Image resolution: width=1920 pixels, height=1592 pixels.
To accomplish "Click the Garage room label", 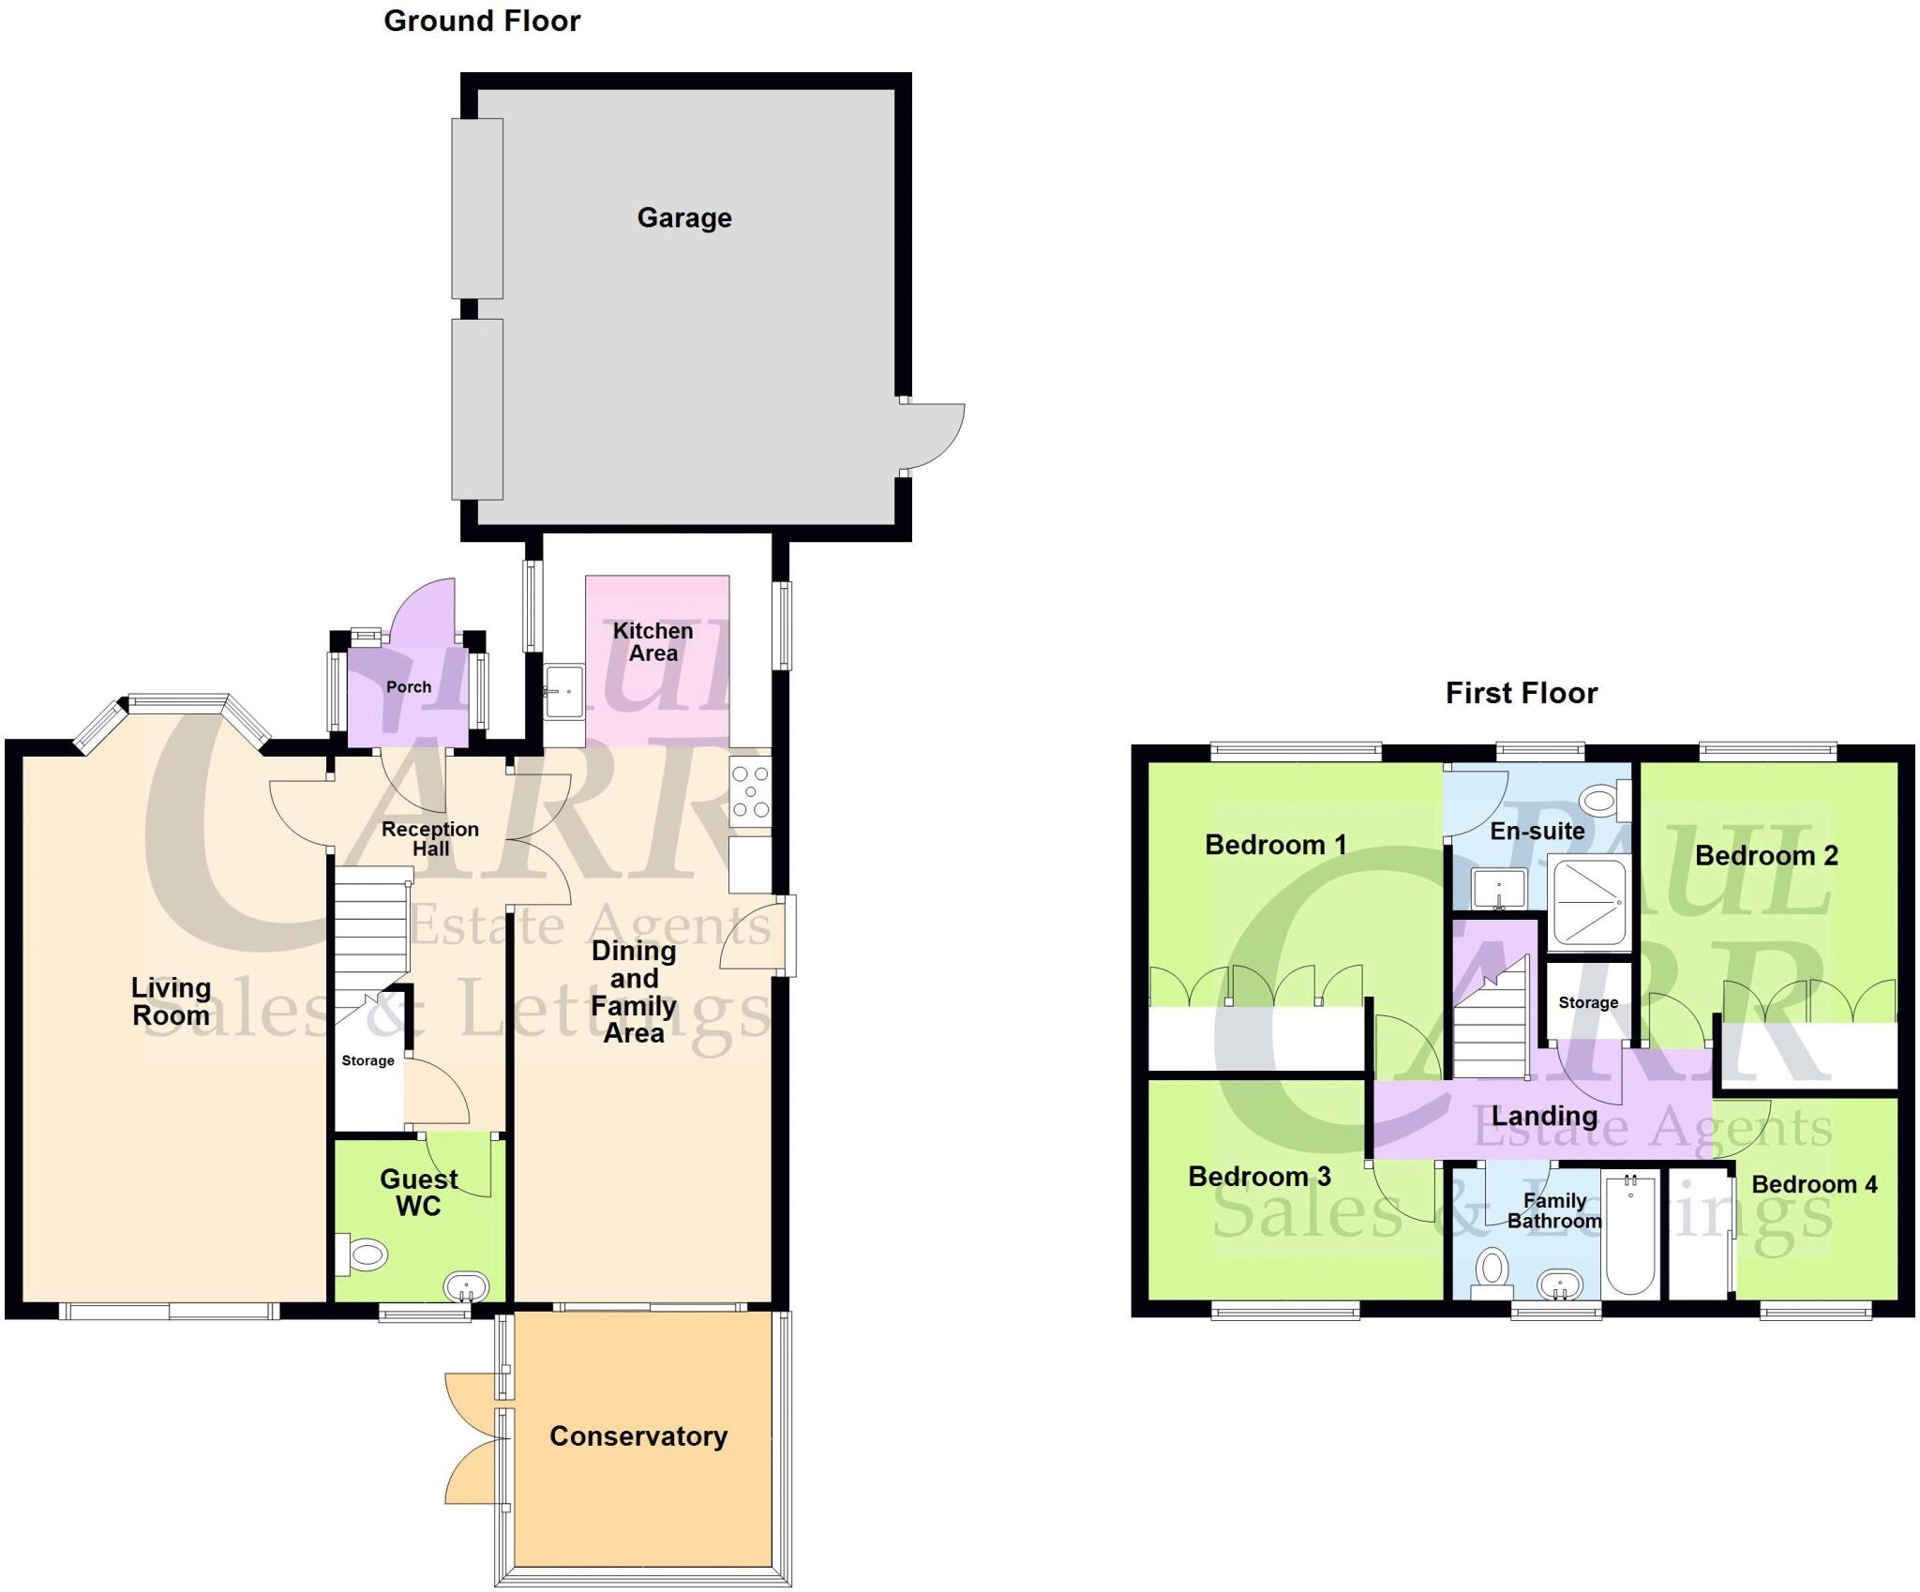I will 684,218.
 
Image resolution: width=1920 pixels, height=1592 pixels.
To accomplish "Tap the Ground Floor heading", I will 482,21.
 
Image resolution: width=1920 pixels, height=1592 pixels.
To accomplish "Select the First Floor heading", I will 1521,693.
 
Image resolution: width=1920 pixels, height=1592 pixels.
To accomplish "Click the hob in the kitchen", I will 750,792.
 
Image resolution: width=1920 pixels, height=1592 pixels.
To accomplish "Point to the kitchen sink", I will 563,691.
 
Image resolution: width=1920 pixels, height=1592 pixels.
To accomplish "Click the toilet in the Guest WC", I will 364,1255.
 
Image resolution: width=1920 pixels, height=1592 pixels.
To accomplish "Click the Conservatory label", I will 638,1436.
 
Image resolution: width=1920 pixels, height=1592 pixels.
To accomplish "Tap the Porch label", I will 409,687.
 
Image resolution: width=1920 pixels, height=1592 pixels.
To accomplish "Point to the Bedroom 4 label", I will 1814,1184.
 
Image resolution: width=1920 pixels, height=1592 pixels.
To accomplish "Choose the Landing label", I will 1544,1116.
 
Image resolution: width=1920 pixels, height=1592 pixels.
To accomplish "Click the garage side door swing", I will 933,436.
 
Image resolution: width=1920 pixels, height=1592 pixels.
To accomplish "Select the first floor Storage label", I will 1588,1002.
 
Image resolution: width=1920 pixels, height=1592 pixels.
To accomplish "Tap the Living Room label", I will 171,1001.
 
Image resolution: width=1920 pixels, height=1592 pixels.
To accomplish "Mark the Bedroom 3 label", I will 1259,1177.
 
